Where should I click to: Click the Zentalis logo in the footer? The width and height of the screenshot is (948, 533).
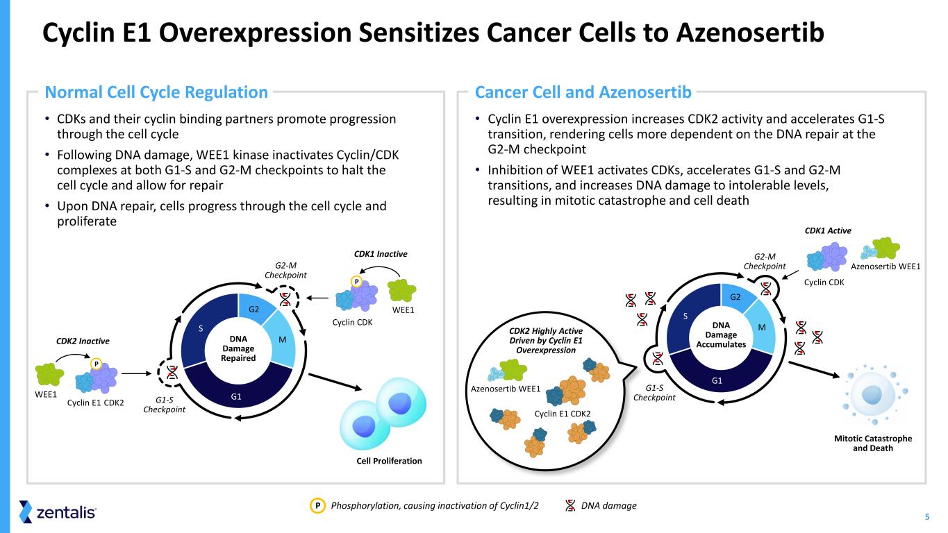click(58, 512)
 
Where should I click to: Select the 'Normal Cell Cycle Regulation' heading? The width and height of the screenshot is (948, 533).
click(156, 92)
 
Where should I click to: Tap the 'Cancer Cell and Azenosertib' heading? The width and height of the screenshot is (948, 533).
click(583, 92)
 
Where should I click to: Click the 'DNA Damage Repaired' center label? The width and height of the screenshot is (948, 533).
click(238, 348)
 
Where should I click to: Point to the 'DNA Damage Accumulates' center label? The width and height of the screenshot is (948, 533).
click(721, 335)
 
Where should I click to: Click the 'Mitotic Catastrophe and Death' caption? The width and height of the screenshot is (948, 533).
click(872, 443)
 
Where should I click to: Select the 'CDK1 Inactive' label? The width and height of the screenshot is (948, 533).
click(381, 255)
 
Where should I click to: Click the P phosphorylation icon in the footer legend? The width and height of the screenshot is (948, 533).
click(317, 506)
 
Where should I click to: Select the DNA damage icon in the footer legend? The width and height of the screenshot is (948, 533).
click(570, 506)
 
